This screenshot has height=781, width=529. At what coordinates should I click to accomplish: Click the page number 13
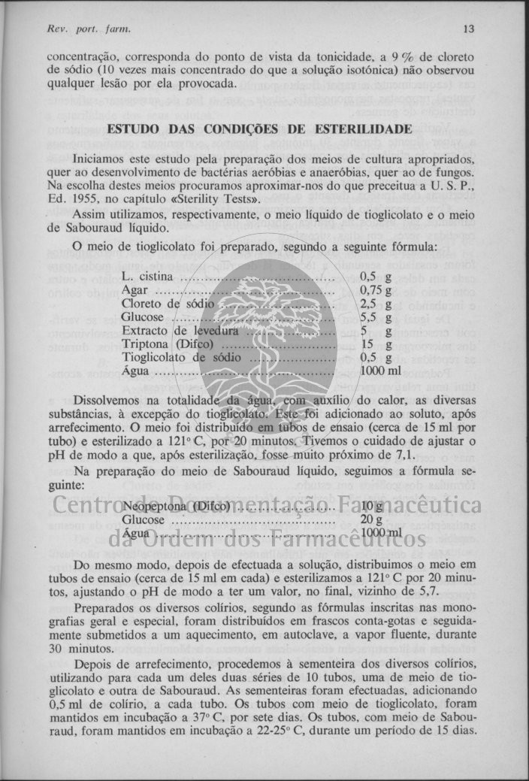tap(469, 29)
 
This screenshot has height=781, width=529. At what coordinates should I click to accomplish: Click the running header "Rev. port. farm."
tap(78, 29)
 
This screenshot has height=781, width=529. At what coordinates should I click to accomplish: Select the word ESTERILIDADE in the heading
tap(367, 129)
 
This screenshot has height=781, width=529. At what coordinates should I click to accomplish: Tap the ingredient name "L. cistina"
tap(149, 277)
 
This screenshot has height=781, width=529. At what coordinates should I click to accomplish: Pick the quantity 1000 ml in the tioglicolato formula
tap(380, 371)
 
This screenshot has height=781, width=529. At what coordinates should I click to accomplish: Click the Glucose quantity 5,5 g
tap(376, 317)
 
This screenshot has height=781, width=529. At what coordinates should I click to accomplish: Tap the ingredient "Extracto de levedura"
tap(180, 331)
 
